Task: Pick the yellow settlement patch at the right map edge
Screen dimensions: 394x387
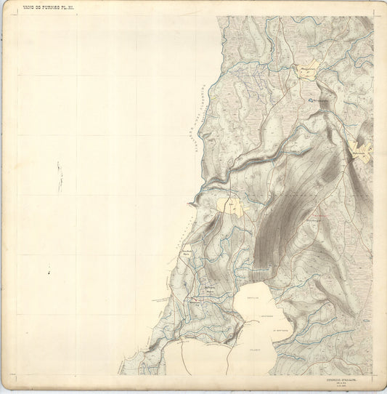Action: [361, 150]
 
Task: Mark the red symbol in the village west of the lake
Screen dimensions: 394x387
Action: [194, 299]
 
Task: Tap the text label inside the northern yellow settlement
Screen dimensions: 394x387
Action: [308, 69]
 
